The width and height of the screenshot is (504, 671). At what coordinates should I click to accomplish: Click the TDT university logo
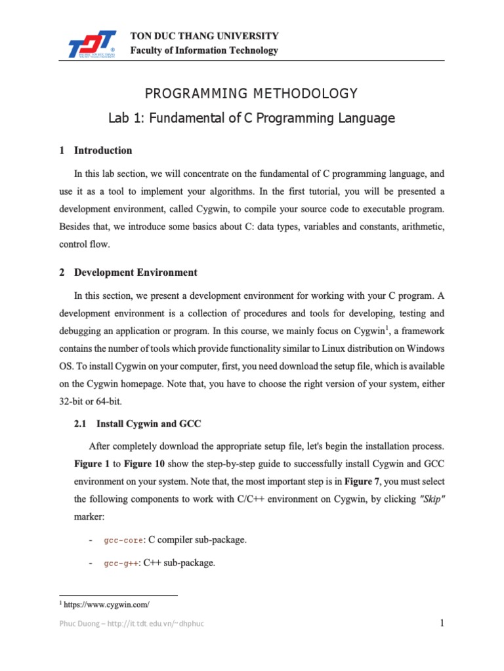click(x=93, y=43)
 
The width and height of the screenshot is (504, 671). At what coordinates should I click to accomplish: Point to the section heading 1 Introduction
click(x=96, y=150)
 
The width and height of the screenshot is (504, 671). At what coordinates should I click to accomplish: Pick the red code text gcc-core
click(x=123, y=540)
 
